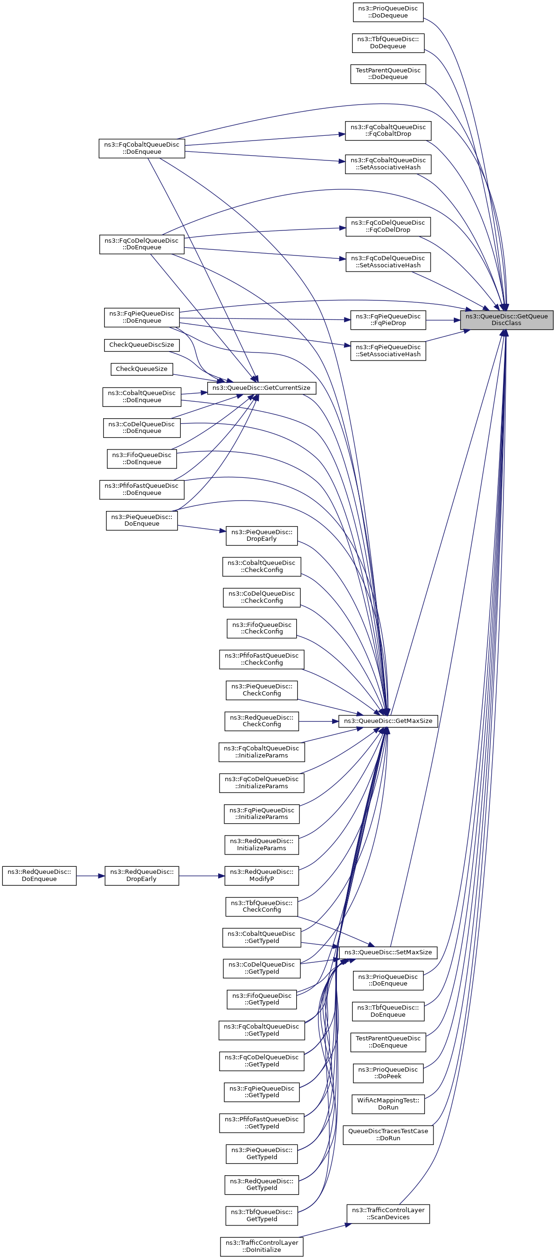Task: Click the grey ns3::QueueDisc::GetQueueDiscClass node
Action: (x=506, y=320)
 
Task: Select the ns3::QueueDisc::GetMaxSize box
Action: (x=388, y=721)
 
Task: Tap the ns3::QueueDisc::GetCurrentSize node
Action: (x=261, y=387)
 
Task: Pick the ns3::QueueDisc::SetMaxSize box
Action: (x=388, y=952)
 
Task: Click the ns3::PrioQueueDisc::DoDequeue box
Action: (x=388, y=12)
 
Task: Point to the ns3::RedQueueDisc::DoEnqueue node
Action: (x=39, y=875)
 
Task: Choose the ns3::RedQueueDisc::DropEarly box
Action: (x=141, y=875)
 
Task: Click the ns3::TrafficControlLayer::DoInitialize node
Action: (x=261, y=1246)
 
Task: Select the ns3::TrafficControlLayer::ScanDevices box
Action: (x=388, y=1214)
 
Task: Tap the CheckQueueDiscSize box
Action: (x=141, y=344)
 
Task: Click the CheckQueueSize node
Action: (x=141, y=369)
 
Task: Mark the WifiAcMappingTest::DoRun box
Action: (x=388, y=1104)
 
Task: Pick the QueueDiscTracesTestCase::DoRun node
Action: (x=388, y=1135)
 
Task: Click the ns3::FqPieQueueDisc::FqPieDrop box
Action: (x=388, y=320)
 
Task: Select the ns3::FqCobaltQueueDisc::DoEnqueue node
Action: (x=141, y=148)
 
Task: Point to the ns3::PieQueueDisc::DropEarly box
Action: (x=261, y=535)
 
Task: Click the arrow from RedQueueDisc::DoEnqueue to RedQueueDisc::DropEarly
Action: (x=90, y=876)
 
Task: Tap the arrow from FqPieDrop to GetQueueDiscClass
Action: (x=442, y=320)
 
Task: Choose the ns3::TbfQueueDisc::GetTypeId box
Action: (x=261, y=1215)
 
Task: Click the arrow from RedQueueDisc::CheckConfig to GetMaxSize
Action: (x=318, y=722)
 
